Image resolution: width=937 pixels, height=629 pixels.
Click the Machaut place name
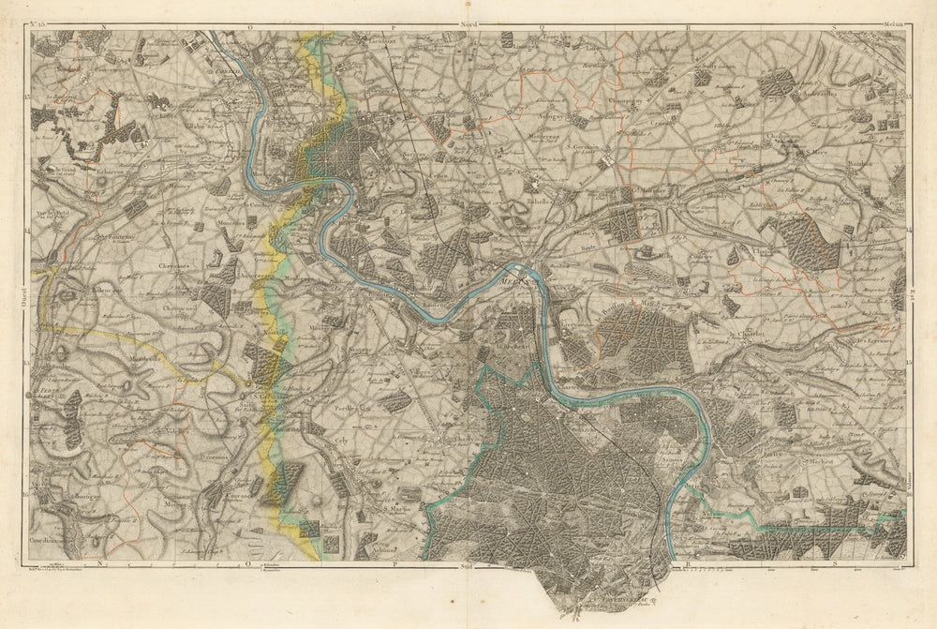pos(819,460)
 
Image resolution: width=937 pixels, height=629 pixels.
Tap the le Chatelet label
pos(747,334)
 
